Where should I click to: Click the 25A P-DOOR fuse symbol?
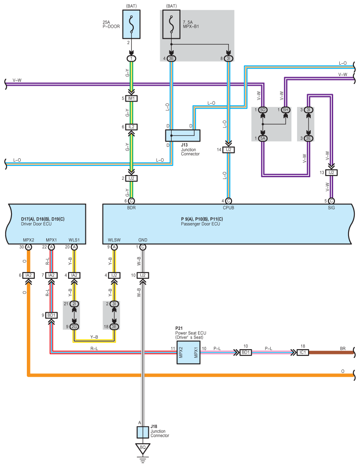[x=131, y=27]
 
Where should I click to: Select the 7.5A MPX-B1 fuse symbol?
[x=171, y=27]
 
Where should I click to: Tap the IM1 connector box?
[x=131, y=99]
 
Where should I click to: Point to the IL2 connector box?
[x=131, y=127]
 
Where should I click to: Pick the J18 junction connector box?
[x=142, y=431]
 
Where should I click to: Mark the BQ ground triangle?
[x=142, y=448]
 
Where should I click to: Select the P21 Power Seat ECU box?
[x=188, y=351]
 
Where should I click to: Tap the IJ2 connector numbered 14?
[x=228, y=150]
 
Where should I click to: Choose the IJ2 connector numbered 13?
[x=331, y=172]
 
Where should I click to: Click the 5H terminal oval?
[x=285, y=109]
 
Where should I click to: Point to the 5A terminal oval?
[x=263, y=138]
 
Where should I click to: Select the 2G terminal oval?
[x=74, y=326]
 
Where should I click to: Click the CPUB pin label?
[x=228, y=208]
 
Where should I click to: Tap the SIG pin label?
[x=331, y=208]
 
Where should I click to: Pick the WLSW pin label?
[x=114, y=240]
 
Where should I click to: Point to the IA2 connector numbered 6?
[x=29, y=275]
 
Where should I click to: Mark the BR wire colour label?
[x=343, y=348]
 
